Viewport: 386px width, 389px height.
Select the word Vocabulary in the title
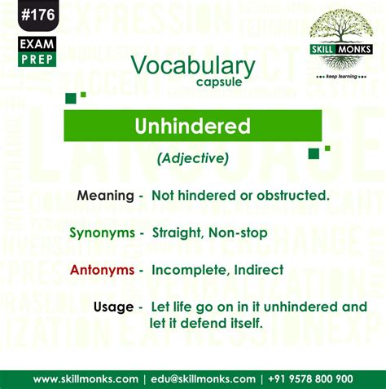click(192, 66)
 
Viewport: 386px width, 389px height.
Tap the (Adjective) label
click(192, 159)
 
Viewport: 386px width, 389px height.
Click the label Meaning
click(105, 197)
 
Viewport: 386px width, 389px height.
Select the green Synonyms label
click(101, 233)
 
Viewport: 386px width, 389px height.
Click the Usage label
click(114, 307)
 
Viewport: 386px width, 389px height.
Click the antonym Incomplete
click(188, 270)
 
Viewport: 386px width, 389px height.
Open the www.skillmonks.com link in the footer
click(86, 378)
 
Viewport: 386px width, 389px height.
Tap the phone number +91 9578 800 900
click(310, 378)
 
